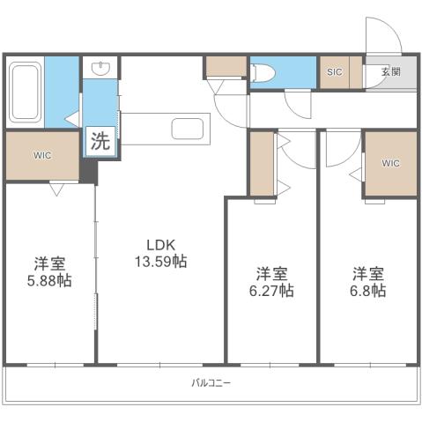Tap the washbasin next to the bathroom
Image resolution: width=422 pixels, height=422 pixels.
[99, 67]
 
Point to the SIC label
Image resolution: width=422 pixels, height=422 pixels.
[334, 71]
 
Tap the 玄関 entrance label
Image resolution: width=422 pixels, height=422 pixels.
[388, 72]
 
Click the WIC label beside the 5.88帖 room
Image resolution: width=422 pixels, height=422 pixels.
[42, 156]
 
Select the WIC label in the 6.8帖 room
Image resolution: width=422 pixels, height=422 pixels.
[390, 163]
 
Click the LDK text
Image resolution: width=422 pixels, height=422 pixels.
[160, 245]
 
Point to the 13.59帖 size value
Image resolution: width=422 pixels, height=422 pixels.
[160, 262]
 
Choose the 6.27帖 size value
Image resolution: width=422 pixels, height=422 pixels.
[270, 291]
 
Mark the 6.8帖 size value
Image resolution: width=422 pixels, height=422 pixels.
[368, 291]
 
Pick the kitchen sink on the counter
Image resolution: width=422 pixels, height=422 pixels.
[188, 130]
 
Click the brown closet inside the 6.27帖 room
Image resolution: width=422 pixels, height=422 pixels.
[262, 164]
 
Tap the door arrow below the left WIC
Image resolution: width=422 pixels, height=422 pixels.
[55, 189]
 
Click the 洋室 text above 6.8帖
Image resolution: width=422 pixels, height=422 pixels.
[368, 272]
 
